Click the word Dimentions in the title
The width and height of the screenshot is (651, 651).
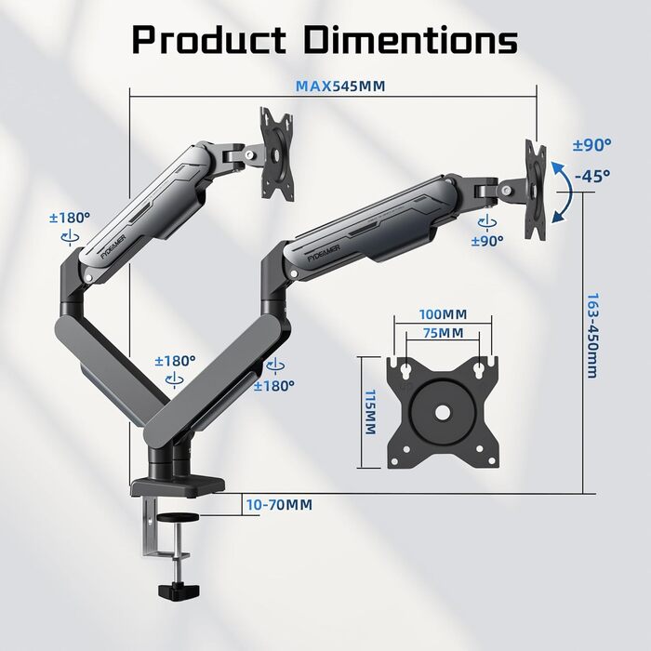411,39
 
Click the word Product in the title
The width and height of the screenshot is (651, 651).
209,39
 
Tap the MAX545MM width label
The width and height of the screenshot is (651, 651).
340,86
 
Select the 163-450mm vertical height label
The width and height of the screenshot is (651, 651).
593,336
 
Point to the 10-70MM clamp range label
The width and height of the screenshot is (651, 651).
279,505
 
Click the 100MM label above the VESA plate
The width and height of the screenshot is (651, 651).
443,314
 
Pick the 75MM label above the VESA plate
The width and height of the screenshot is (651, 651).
444,333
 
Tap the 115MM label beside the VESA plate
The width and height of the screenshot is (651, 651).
370,412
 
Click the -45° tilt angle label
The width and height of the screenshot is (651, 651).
592,176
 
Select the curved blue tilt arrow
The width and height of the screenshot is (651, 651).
569,192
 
